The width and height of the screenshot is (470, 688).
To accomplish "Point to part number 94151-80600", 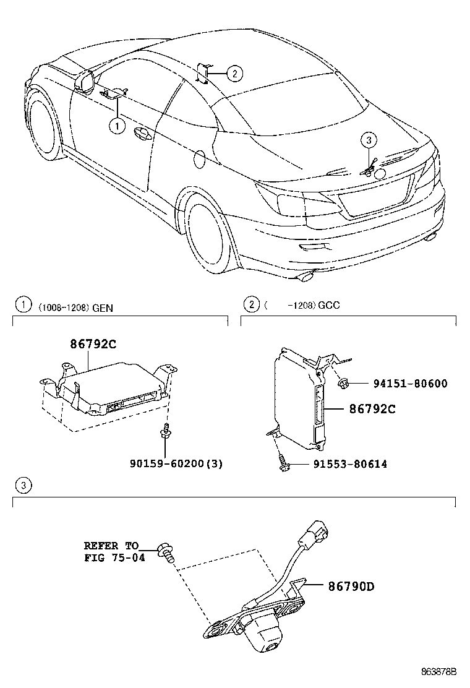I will click(409, 384).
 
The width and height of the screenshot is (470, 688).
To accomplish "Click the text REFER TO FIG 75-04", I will click(111, 551).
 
